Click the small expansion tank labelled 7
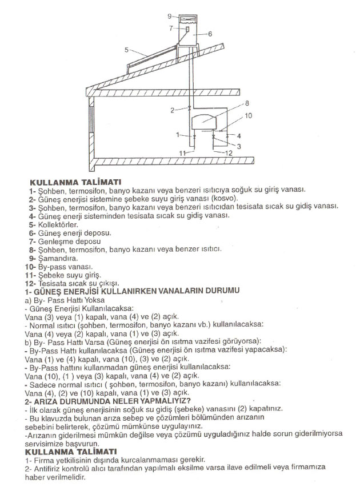(x=186, y=28)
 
